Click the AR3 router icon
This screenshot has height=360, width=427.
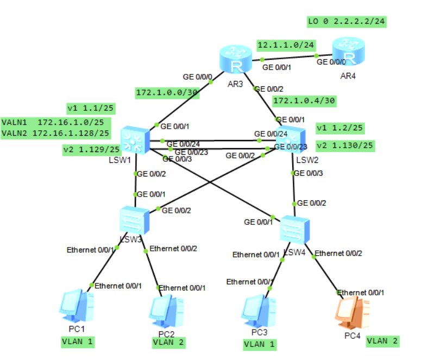(236, 60)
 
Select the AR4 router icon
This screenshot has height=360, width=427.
(349, 52)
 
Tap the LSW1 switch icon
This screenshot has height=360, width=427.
(135, 140)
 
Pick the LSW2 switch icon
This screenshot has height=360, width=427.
(291, 139)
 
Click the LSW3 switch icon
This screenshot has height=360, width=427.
(135, 220)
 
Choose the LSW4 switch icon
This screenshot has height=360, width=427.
(295, 229)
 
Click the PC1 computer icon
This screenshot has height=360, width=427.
(77, 306)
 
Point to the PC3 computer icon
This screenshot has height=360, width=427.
(259, 311)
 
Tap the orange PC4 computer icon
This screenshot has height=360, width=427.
(353, 313)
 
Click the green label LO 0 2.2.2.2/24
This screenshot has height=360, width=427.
(347, 22)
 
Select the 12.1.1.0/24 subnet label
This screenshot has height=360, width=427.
(286, 45)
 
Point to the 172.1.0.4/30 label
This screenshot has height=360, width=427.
(304, 101)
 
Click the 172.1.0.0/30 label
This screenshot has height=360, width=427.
(167, 93)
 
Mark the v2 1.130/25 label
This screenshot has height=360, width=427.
(345, 146)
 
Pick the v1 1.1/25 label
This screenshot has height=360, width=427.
(91, 108)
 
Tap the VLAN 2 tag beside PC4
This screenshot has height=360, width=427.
(382, 341)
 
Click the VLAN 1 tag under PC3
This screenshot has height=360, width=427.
(260, 344)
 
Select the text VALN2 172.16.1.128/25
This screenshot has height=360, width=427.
(55, 134)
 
